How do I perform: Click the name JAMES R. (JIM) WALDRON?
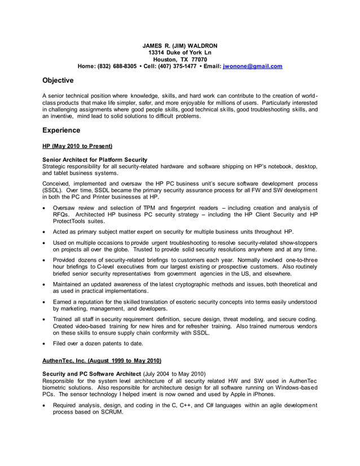tap(179, 46)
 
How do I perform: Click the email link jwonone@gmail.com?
tap(253, 66)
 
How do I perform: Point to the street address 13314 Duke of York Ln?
tap(179, 52)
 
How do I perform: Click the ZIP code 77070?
tap(199, 59)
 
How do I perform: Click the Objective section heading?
tap(58, 81)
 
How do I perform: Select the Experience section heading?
tap(62, 130)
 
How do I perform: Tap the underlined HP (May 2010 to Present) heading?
tap(77, 146)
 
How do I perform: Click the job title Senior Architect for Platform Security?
tap(95, 160)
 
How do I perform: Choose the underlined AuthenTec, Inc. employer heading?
tap(102, 361)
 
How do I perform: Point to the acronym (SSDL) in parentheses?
tap(52, 191)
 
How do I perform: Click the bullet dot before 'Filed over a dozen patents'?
tap(45, 343)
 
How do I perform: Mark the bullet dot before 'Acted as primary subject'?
tap(45, 232)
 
